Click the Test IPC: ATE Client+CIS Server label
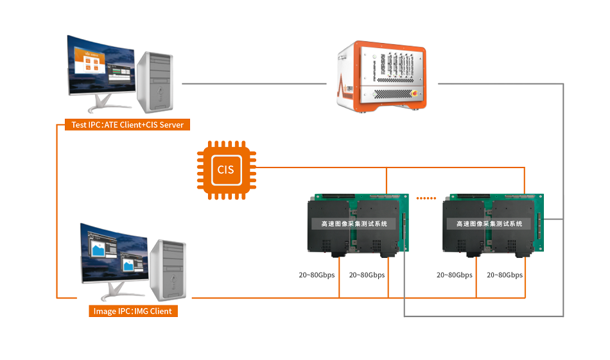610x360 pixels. (128, 124)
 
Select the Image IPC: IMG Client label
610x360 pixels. (133, 311)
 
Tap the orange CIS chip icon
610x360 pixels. (225, 170)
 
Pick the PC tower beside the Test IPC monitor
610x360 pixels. (156, 80)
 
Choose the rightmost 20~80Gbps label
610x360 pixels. (505, 275)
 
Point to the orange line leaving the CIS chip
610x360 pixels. (321, 168)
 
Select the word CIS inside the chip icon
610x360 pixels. (225, 170)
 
